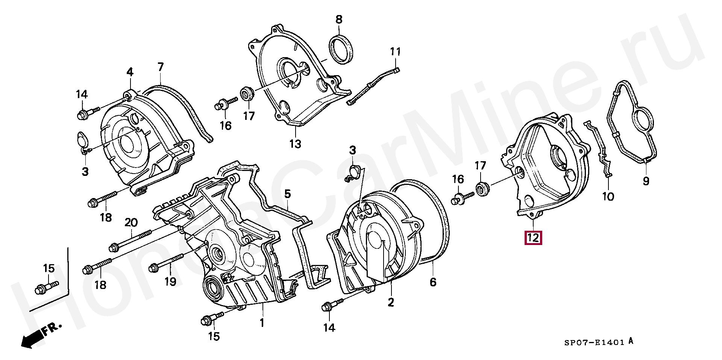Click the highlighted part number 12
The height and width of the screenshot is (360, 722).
533,237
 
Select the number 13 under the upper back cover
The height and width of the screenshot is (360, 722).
295,144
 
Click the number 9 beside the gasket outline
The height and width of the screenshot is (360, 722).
646,182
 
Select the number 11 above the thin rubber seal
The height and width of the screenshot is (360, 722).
395,51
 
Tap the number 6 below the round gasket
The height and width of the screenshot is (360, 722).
433,282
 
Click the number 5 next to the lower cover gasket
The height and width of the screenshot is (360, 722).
287,194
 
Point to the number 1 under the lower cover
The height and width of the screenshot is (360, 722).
262,322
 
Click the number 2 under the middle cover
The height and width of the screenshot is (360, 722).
391,302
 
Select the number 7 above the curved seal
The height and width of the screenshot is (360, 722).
161,67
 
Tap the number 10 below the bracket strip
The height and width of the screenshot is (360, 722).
608,196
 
